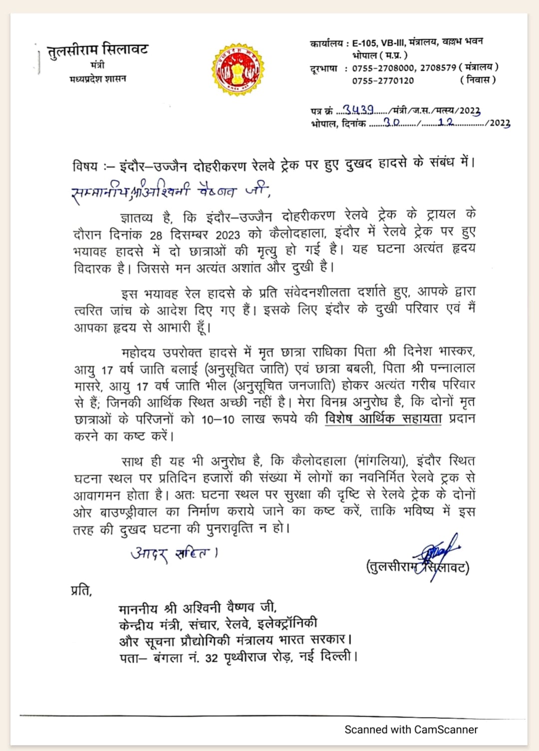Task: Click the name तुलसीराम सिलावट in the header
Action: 98,50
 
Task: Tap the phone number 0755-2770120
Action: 383,80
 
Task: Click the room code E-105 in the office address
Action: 365,43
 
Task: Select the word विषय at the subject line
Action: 85,166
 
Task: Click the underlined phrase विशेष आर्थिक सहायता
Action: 383,418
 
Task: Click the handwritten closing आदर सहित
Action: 173,553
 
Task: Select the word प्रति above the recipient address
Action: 81,590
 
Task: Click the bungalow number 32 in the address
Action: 211,658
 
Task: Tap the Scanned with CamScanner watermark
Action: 411,730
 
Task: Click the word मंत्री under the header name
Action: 97,65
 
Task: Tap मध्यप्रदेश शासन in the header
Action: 98,78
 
